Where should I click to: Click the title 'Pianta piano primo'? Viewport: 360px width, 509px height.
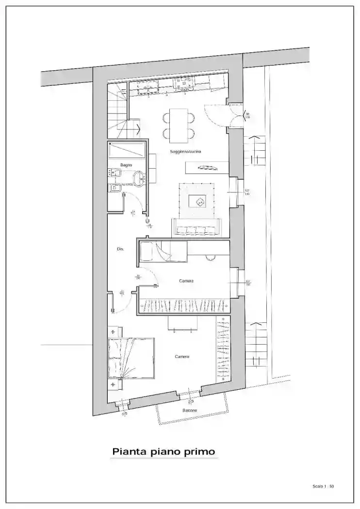click(x=164, y=452)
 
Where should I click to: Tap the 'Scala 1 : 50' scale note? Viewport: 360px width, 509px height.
click(x=323, y=486)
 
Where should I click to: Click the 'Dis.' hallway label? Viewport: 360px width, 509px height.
click(x=120, y=249)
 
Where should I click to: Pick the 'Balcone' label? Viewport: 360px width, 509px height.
click(x=190, y=411)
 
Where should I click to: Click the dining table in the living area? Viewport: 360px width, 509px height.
click(x=179, y=126)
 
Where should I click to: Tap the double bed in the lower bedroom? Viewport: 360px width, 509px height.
click(x=131, y=358)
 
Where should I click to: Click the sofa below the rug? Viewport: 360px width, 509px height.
click(x=196, y=228)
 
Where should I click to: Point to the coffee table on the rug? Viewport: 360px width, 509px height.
click(x=199, y=201)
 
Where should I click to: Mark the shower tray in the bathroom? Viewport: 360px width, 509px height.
click(x=127, y=150)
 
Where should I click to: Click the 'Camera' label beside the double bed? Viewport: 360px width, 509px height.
click(x=182, y=357)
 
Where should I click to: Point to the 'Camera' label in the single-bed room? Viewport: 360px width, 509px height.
click(x=186, y=281)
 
